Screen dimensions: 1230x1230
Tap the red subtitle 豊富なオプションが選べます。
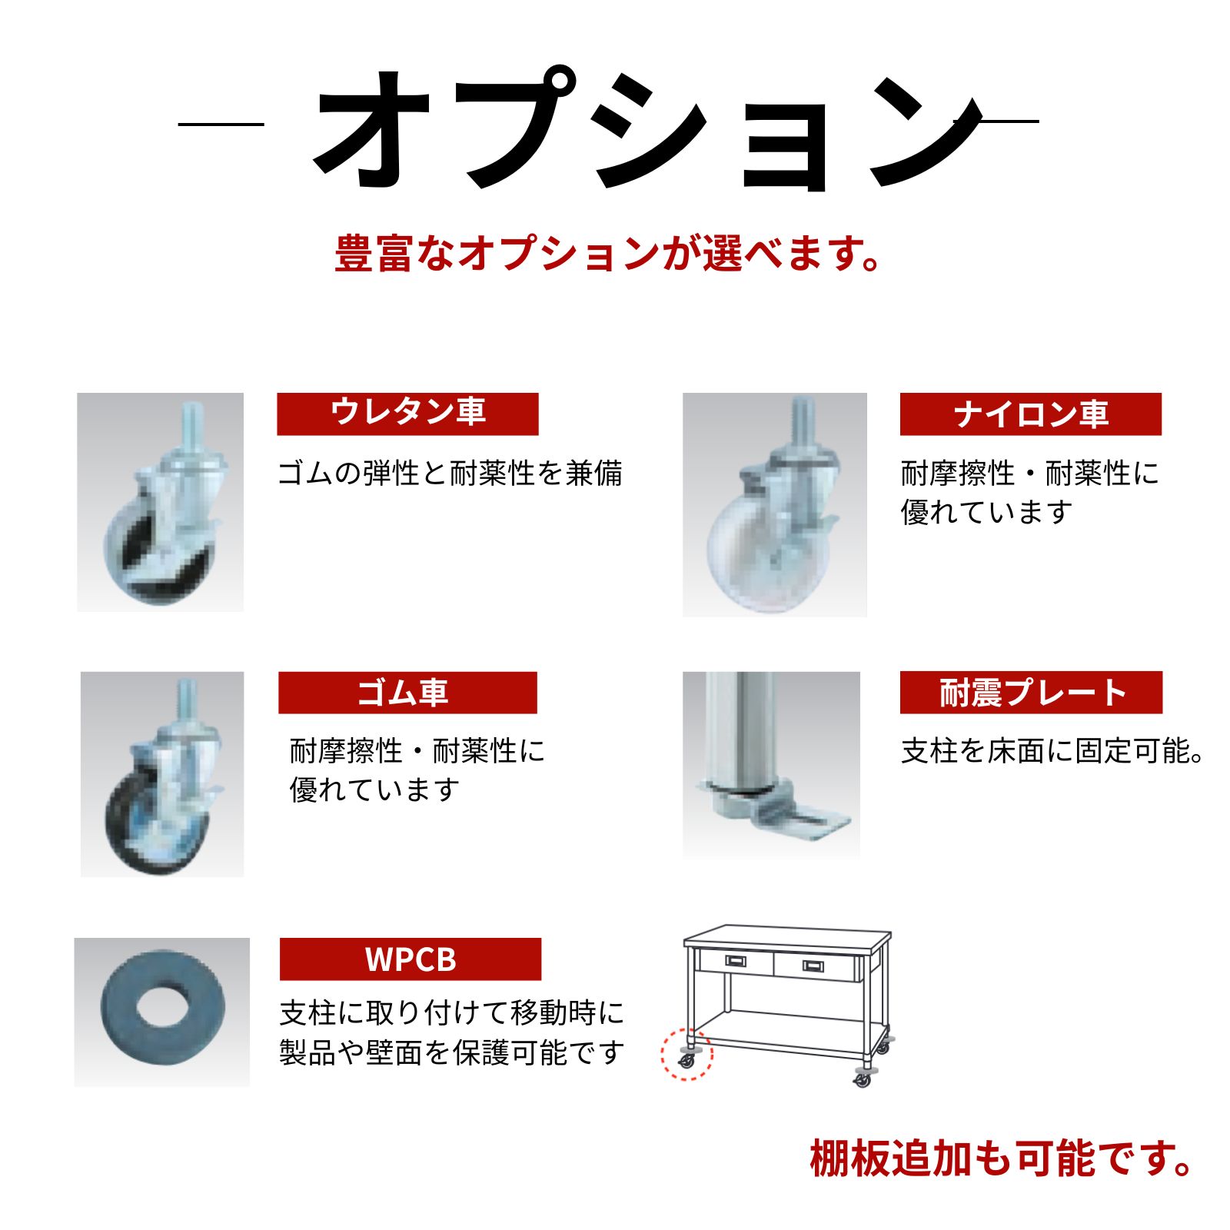pos(608,254)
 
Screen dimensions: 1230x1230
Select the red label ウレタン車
pos(407,414)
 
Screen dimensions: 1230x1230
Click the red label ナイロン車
pos(1031,414)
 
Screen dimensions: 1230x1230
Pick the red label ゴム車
pos(407,692)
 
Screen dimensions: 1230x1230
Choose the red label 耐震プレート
pos(1031,692)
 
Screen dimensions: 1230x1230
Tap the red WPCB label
pos(411,959)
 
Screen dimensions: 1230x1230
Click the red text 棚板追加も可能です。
pos(1001,1159)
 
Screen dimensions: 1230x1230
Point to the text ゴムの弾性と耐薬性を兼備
pos(450,473)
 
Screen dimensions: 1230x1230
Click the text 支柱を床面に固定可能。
pos(1052,751)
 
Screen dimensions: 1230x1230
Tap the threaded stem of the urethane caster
pos(190,430)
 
